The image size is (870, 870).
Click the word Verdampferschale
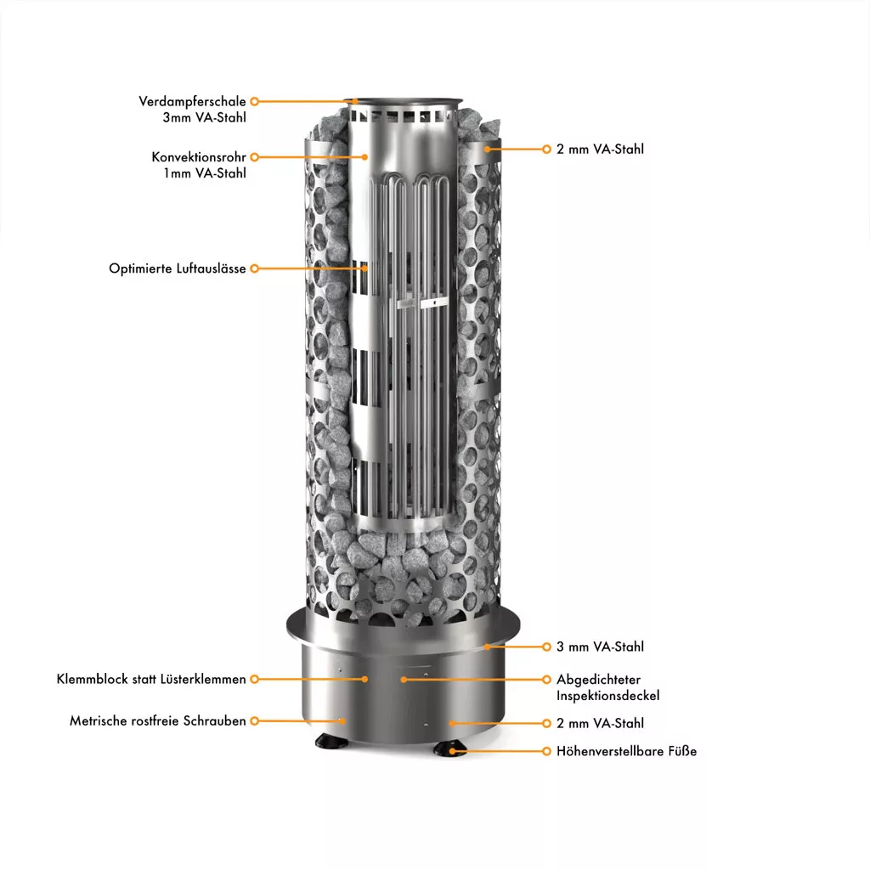[x=192, y=102]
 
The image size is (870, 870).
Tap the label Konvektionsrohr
[x=199, y=157]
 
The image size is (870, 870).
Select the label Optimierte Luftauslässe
[x=177, y=268]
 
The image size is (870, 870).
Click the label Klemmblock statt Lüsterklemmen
[x=151, y=679]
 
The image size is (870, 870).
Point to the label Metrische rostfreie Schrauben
[x=157, y=720]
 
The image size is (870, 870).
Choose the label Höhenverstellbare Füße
[x=626, y=751]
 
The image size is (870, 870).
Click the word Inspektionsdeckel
[x=608, y=696]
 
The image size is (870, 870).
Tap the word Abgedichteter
[x=599, y=680]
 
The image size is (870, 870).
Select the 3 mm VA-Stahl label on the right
[x=601, y=647]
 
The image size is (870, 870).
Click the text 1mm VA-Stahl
[x=204, y=173]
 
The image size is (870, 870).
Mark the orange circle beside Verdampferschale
[x=255, y=102]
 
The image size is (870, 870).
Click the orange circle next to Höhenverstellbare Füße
[x=546, y=751]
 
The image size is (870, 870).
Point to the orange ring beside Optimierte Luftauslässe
[x=255, y=268]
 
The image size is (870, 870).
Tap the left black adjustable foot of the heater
[x=331, y=740]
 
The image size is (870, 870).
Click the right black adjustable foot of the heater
[x=450, y=748]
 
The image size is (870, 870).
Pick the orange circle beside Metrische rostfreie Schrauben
[x=255, y=720]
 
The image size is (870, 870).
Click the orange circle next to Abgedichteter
[x=546, y=679]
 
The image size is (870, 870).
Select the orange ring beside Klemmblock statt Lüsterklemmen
[x=255, y=679]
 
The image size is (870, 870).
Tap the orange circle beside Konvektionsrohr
[x=255, y=157]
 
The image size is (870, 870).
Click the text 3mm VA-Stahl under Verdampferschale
[x=204, y=117]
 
